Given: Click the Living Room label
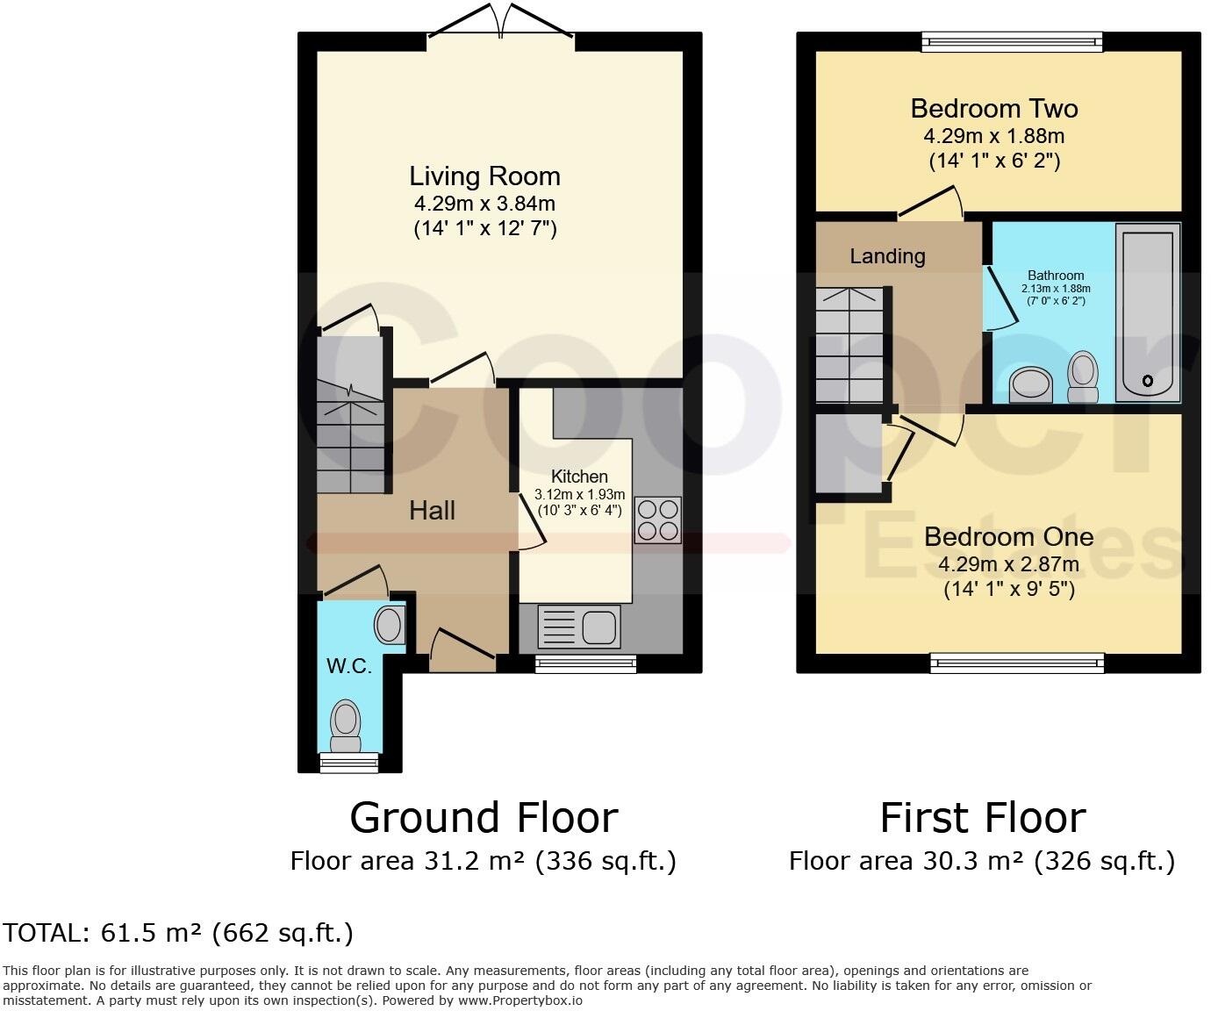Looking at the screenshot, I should [x=484, y=176].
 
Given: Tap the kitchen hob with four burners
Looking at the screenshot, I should [x=657, y=520].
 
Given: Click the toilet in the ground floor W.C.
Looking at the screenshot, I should [x=346, y=725].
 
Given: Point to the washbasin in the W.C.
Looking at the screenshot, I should [x=390, y=626].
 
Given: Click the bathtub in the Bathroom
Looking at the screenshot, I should [x=1147, y=312].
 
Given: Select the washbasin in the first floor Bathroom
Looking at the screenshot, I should [x=1030, y=384].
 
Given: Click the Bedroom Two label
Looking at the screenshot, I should [x=993, y=109].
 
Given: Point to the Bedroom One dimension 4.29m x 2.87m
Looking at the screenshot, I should [x=1008, y=564].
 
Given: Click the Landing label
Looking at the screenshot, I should [x=887, y=256].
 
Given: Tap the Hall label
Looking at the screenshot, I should [x=432, y=511].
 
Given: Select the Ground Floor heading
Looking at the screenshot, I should [x=484, y=818].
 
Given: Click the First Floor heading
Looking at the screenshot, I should [x=982, y=818].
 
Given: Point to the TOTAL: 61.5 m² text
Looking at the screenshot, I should [x=178, y=933].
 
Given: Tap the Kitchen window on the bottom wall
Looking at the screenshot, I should [x=585, y=664].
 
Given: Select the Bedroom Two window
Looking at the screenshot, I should [x=1011, y=41].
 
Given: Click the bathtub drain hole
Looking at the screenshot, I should [x=1147, y=381].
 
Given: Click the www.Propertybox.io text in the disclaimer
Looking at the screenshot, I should [x=520, y=1000].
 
